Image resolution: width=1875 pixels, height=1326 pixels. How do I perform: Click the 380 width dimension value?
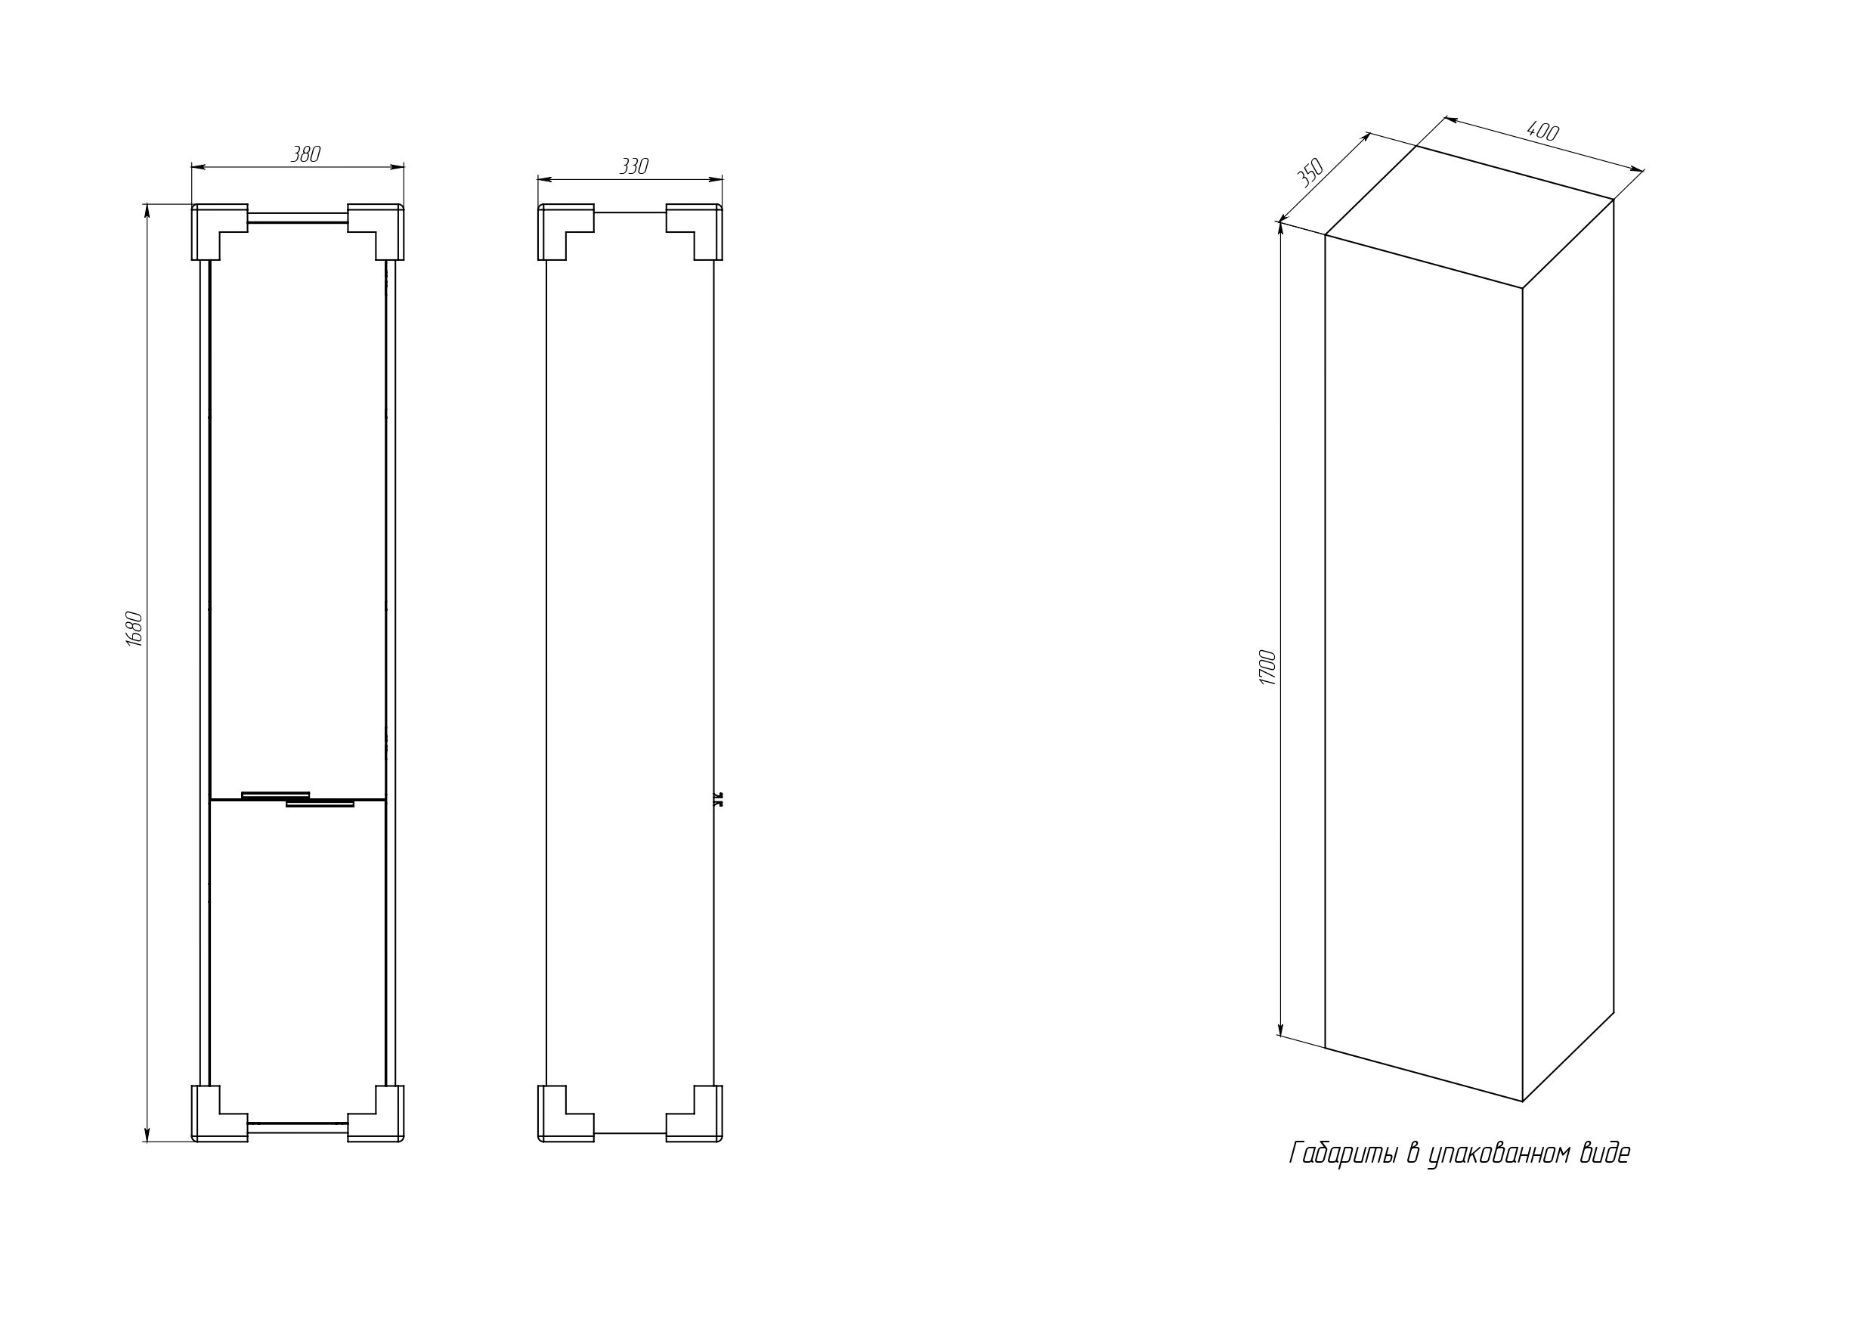(306, 154)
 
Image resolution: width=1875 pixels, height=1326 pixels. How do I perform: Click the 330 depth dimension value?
(634, 166)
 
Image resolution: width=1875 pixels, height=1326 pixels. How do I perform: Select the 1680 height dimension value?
(135, 629)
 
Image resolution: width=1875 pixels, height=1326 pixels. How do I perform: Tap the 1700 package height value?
(1267, 668)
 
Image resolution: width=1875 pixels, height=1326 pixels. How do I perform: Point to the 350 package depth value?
(1310, 174)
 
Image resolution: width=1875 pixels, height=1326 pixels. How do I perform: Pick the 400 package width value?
(1542, 132)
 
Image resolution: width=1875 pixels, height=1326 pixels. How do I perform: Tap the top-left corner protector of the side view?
(558, 224)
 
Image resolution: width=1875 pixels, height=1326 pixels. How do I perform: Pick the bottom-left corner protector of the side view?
(558, 1120)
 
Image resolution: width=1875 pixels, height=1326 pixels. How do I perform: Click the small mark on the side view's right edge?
(719, 798)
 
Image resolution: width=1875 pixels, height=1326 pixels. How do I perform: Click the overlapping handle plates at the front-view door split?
(298, 799)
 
